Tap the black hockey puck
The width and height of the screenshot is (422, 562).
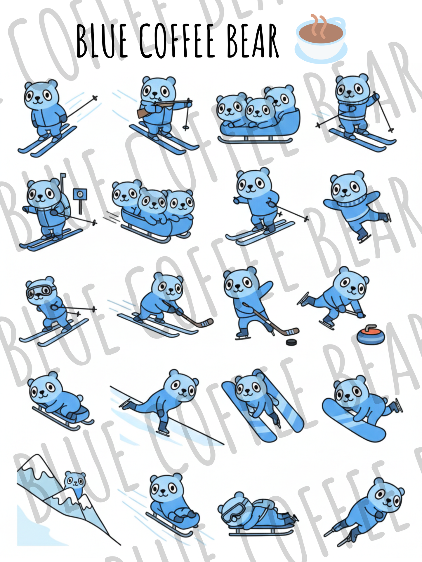coord(291,342)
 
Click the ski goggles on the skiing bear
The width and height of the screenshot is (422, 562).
coord(39,291)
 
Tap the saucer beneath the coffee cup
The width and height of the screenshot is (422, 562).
coord(321,54)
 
